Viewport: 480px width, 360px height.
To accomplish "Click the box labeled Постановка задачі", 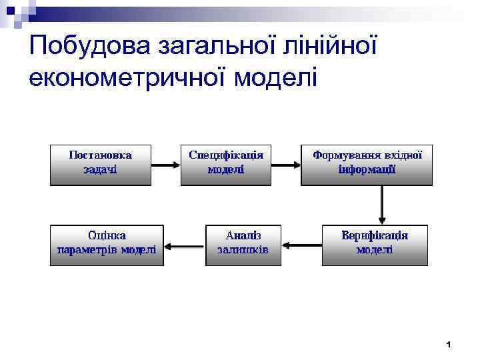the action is point(101,163).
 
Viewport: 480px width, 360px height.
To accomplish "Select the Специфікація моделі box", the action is point(226,163).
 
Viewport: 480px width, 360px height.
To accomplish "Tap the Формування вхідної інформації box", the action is point(367,163).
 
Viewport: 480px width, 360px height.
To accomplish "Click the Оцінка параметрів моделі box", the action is point(107,245).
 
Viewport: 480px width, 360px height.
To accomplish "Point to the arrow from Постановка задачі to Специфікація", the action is point(166,164).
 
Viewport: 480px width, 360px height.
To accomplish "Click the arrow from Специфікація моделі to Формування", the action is point(287,164).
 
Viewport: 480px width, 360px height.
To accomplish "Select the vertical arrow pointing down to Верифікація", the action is point(382,204).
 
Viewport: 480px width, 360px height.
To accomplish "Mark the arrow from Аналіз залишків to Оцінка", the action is point(184,245).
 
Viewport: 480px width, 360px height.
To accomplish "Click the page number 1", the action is point(449,345).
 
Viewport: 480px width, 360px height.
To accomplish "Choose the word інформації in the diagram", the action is point(367,170).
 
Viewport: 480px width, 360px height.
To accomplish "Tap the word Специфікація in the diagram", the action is point(226,155).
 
